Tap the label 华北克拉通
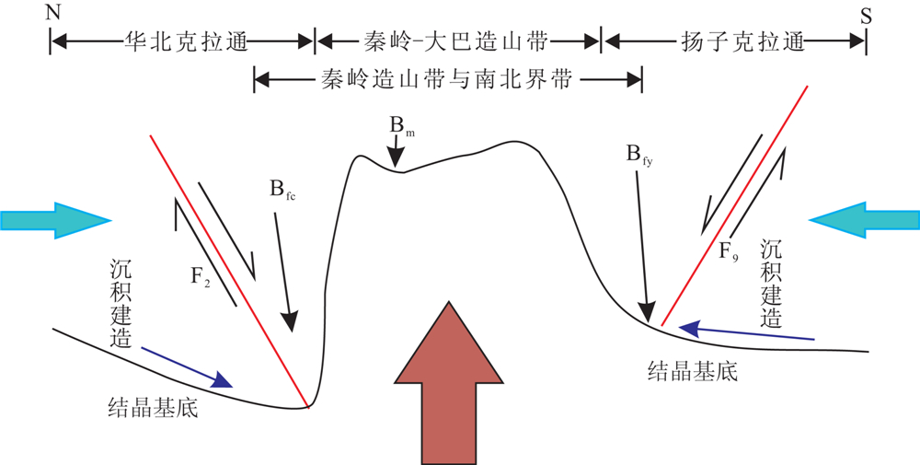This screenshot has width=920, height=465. [x=182, y=41]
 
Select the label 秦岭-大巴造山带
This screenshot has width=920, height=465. [x=457, y=41]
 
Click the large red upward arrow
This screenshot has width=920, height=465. [x=447, y=387]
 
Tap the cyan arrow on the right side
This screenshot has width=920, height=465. [x=865, y=219]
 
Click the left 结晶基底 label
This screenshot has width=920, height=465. [x=154, y=407]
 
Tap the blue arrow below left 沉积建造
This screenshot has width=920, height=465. [x=189, y=366]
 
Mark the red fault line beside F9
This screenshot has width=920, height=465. [x=736, y=203]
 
